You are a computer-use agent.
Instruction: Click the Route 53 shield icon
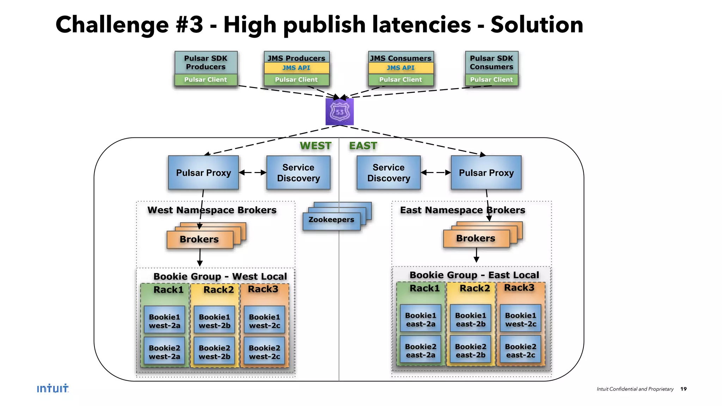tap(339, 112)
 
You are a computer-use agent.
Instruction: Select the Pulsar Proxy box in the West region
tap(203, 173)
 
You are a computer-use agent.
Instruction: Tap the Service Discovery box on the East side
tap(388, 173)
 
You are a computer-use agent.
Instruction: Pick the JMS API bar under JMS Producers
tap(296, 68)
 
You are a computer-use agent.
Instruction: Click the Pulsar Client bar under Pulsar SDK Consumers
tap(491, 80)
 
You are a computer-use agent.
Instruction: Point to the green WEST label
tap(316, 146)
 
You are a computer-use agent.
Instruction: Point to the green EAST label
tap(363, 146)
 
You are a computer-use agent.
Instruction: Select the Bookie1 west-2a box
tap(165, 321)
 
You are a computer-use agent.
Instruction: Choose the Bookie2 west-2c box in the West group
tap(264, 352)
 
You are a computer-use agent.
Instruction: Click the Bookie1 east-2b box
tap(471, 319)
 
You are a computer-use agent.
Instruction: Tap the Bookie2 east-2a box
tap(421, 350)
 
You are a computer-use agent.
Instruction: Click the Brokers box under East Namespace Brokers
tap(476, 239)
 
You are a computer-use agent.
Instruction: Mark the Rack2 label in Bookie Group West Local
tap(219, 290)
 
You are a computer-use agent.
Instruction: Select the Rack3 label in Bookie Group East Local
tap(519, 288)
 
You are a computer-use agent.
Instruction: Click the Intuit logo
tap(53, 388)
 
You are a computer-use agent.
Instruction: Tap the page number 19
tap(683, 389)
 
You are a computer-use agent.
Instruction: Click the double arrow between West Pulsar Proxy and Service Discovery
tap(252, 172)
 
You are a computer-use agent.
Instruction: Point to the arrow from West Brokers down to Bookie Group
tap(200, 257)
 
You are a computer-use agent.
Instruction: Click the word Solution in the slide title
tap(537, 25)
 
